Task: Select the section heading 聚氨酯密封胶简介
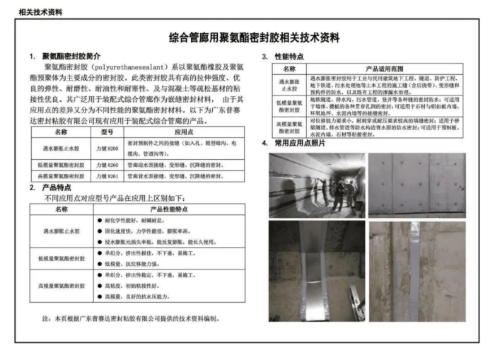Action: [x=71, y=56]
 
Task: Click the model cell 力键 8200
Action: [x=108, y=144]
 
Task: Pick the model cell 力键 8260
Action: [x=108, y=164]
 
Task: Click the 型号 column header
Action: [x=107, y=132]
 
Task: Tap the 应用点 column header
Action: [x=184, y=132]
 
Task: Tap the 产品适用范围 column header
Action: [x=385, y=67]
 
